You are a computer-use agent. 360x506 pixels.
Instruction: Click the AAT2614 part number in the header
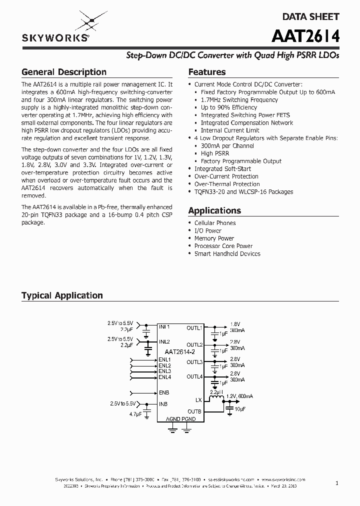(x=305, y=37)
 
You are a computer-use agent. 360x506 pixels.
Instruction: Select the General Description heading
(x=63, y=72)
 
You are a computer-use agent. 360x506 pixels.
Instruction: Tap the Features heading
(x=206, y=72)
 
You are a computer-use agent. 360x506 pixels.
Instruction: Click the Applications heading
(x=214, y=210)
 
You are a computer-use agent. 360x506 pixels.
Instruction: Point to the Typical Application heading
(x=62, y=295)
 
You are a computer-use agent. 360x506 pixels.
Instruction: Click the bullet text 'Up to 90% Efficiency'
(x=229, y=107)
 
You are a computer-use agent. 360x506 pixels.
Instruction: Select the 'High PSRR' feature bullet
(x=215, y=153)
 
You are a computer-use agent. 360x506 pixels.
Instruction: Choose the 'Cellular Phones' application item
(x=215, y=223)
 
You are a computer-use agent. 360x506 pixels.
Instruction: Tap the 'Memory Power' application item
(x=214, y=238)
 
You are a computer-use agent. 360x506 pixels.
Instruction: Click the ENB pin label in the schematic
(x=164, y=392)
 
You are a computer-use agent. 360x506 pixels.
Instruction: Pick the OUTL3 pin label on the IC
(x=194, y=362)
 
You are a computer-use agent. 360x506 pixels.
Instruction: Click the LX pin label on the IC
(x=198, y=400)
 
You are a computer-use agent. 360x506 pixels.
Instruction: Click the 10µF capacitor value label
(x=240, y=409)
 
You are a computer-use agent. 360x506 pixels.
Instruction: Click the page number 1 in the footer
(x=337, y=483)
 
